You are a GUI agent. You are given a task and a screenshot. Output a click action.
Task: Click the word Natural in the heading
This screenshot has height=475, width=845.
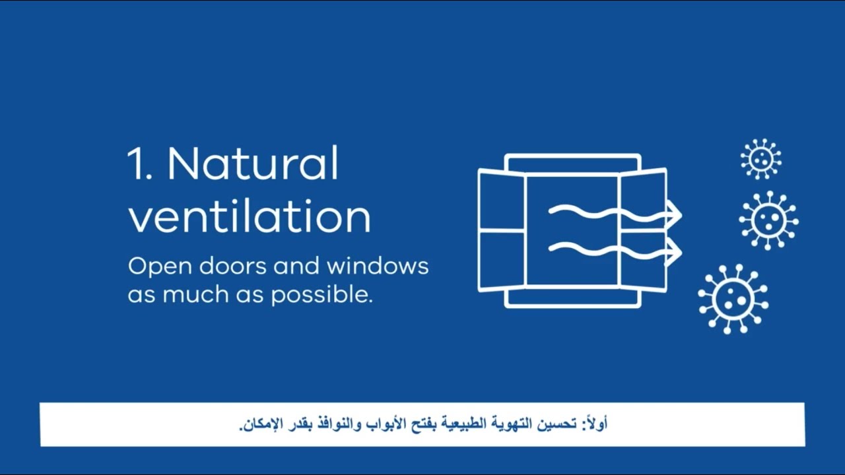253,164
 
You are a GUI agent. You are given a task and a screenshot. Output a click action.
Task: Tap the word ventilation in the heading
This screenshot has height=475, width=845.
249,216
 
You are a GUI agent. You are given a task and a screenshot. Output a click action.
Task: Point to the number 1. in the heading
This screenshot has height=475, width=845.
140,164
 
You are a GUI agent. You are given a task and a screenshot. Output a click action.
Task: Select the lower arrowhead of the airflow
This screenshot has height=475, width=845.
674,251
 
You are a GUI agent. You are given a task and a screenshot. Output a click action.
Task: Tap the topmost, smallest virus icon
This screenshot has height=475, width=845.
760,158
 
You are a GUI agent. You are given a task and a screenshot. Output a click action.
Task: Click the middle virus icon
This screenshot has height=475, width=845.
768,220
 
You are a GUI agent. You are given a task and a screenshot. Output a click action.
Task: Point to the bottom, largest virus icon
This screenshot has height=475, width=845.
733,298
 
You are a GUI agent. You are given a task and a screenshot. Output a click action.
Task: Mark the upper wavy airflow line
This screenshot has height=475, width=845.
594,212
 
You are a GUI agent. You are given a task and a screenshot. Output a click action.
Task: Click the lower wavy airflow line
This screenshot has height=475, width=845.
594,249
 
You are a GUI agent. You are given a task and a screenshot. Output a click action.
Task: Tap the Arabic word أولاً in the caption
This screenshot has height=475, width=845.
595,424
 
